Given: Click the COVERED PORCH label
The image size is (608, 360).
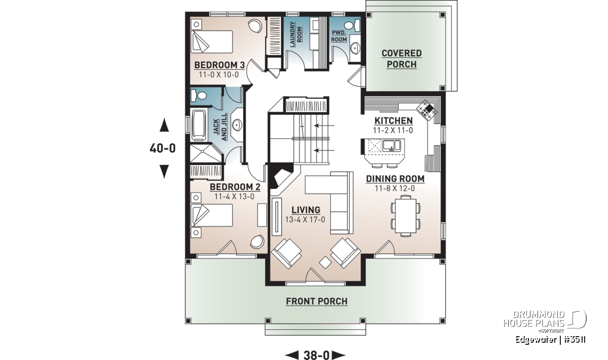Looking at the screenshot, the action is [401, 59].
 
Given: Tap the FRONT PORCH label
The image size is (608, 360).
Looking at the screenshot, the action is [317, 301].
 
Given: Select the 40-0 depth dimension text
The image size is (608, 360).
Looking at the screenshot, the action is [163, 148].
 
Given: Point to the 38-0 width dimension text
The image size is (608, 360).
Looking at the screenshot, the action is [316, 355].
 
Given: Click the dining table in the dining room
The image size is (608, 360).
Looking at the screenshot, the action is [405, 216].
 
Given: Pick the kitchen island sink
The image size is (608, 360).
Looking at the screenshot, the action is [391, 145].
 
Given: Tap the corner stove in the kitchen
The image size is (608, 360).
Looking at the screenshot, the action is [427, 110].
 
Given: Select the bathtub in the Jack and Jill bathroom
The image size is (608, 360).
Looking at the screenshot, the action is [199, 125].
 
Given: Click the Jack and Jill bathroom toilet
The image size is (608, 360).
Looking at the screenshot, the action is [199, 96].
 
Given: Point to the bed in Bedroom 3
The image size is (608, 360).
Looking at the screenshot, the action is [212, 42].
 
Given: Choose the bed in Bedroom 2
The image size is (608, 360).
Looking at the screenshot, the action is [212, 215].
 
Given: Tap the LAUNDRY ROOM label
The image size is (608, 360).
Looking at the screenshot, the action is [295, 34].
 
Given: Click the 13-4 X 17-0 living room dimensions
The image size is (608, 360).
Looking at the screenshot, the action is [305, 220].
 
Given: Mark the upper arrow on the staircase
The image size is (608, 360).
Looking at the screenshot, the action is [324, 126].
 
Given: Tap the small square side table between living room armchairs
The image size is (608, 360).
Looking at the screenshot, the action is [325, 262].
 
